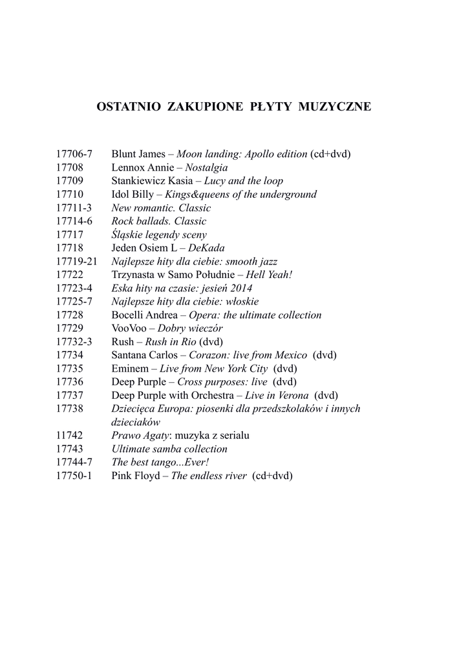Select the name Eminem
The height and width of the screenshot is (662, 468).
[130, 368]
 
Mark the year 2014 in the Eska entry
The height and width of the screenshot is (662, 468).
[240, 288]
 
